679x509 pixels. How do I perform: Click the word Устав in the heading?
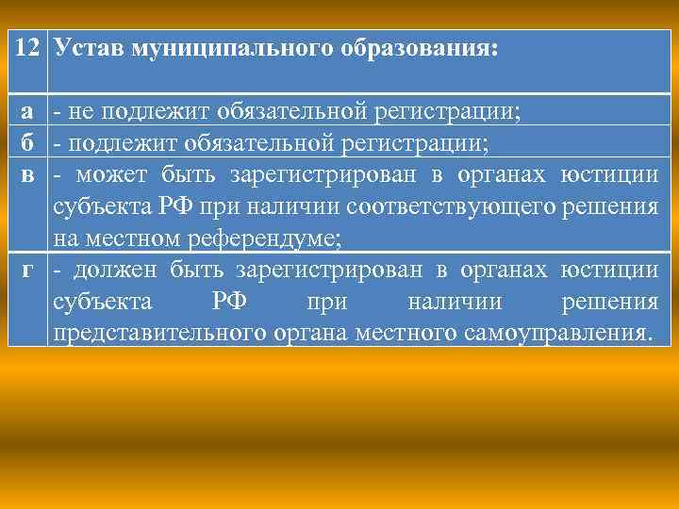click(91, 47)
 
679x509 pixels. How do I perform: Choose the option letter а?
click(29, 112)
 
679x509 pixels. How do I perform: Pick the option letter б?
click(29, 143)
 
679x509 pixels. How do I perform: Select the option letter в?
click(29, 175)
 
